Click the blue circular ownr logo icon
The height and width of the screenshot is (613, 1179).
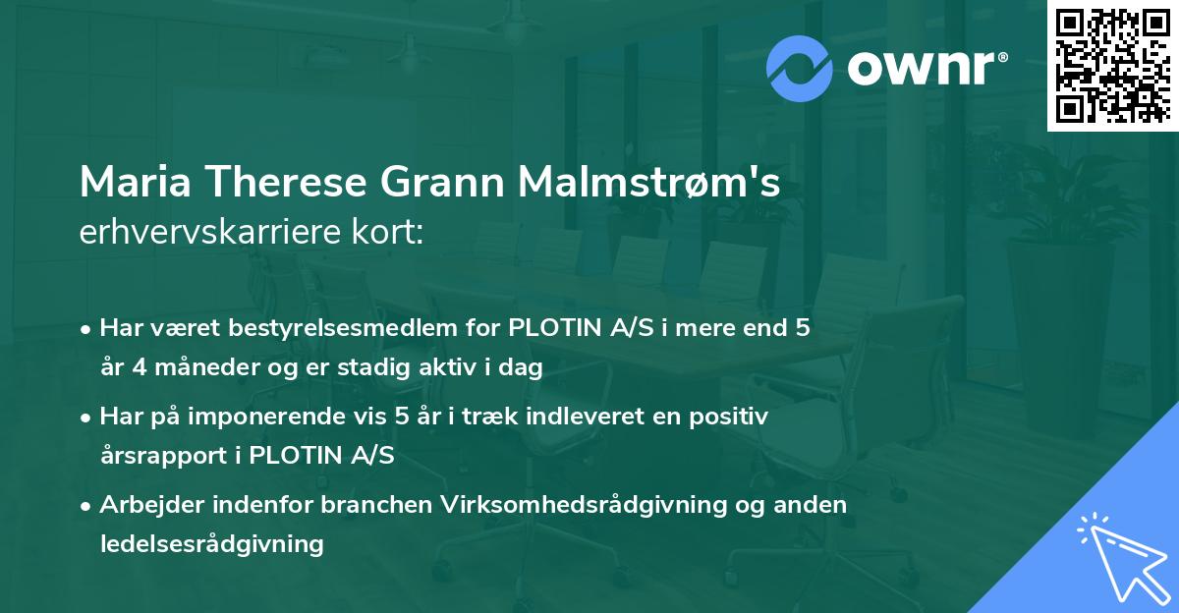[801, 68]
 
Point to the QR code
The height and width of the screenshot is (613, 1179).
[1112, 66]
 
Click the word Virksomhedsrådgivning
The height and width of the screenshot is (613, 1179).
[580, 505]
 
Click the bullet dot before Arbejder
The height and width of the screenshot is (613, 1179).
[87, 506]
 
